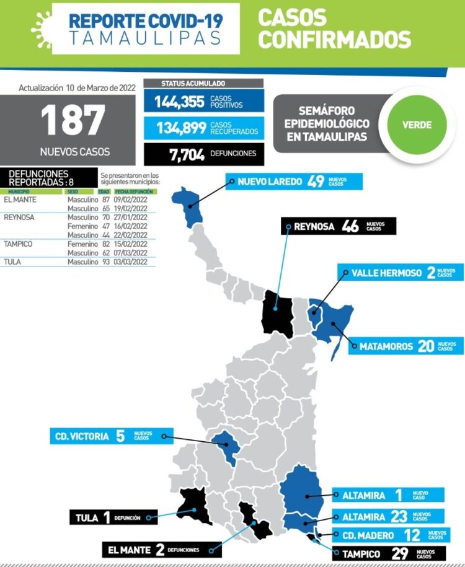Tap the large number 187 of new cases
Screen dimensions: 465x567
(x=74, y=121)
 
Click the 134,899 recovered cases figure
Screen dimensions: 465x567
(x=181, y=128)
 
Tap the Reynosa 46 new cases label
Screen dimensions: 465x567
(x=338, y=226)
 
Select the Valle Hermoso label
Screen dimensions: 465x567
(x=401, y=273)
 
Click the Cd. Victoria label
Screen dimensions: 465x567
(x=111, y=436)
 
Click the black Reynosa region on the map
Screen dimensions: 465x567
(x=277, y=315)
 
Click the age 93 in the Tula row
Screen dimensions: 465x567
(x=105, y=262)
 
